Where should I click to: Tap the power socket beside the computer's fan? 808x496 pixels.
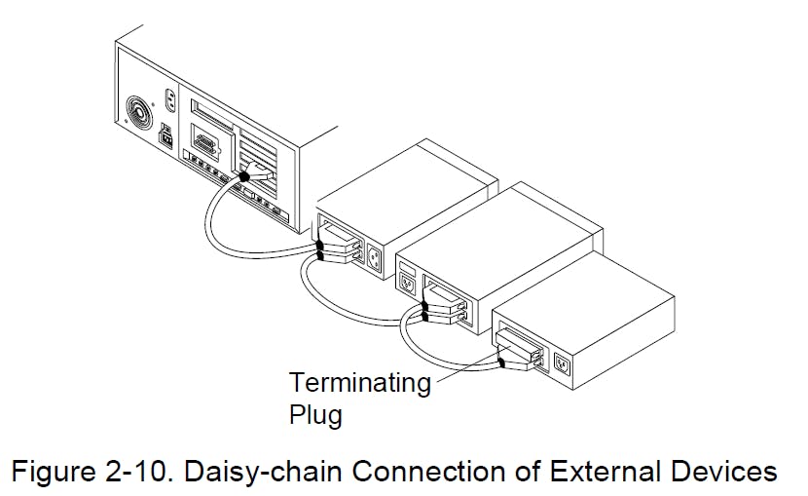click(x=170, y=98)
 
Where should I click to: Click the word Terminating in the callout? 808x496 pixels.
click(x=359, y=384)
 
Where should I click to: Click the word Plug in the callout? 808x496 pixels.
click(x=315, y=415)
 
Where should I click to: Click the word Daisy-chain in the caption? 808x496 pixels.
click(x=270, y=473)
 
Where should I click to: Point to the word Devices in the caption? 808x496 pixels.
click(x=718, y=473)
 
